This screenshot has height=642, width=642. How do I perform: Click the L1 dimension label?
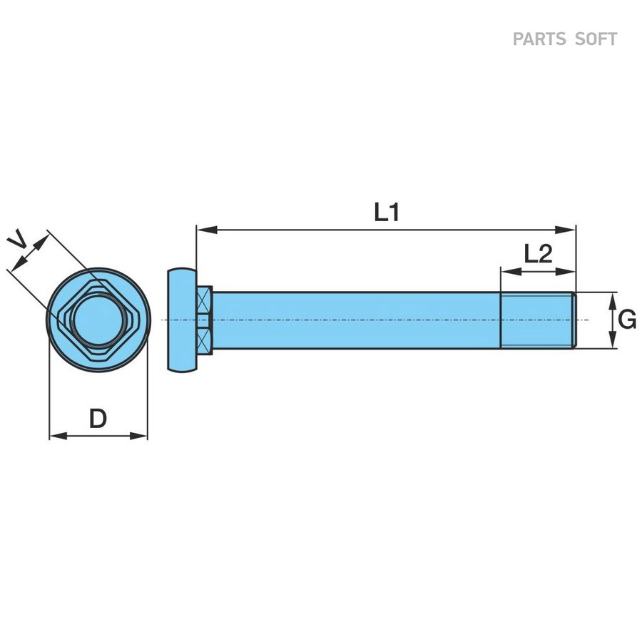(x=387, y=212)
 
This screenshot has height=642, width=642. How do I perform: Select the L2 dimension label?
(x=538, y=253)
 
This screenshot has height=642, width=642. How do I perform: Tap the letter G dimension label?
(x=627, y=320)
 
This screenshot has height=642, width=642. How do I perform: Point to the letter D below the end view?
(x=98, y=419)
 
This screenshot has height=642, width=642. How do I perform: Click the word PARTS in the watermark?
(x=539, y=39)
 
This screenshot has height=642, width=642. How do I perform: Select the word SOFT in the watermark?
(x=596, y=39)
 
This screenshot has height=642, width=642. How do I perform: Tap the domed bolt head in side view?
(x=180, y=320)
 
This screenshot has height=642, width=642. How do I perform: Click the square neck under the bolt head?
(x=203, y=320)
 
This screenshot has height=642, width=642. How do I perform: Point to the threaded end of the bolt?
(x=538, y=320)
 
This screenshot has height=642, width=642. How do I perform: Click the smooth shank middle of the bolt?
(x=357, y=320)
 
